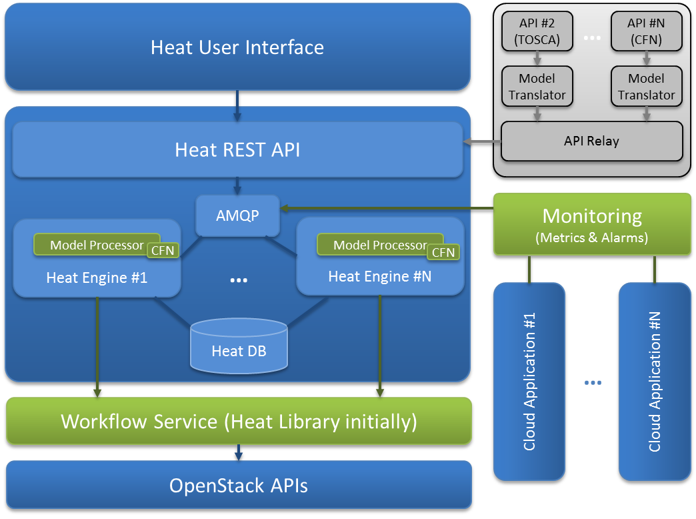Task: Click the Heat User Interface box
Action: point(237,47)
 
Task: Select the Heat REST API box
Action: point(237,149)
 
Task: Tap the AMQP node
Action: point(237,216)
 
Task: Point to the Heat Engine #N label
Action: point(379,276)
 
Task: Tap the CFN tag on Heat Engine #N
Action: point(443,252)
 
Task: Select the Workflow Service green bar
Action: point(239,422)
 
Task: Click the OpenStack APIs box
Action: point(239,485)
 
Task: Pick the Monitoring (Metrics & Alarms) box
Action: point(592,225)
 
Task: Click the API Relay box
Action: point(591,141)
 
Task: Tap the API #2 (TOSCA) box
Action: point(537,31)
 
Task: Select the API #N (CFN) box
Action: point(646,31)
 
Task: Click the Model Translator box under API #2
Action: point(537,86)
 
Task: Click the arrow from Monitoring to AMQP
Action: point(387,209)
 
